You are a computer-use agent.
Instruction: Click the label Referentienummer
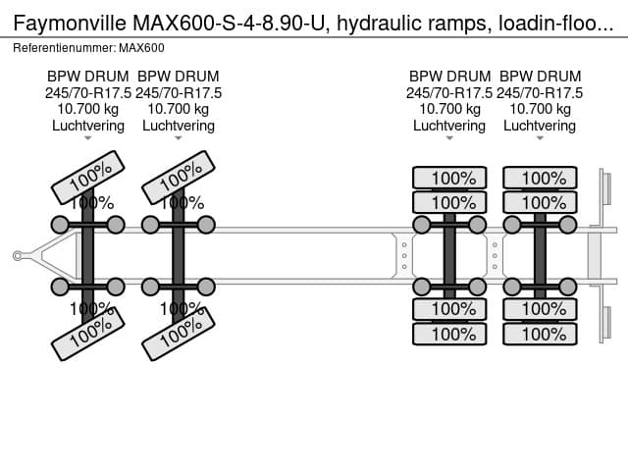pyautogui.click(x=63, y=47)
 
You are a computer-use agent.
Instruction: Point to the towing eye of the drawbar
pyautogui.click(x=17, y=256)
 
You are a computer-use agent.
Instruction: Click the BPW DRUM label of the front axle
pyautogui.click(x=88, y=76)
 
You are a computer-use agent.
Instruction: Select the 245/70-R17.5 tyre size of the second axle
pyautogui.click(x=179, y=92)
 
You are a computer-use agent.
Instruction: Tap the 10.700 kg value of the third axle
pyautogui.click(x=449, y=109)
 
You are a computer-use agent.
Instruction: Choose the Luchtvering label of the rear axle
pyautogui.click(x=540, y=126)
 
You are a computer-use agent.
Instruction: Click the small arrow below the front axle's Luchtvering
pyautogui.click(x=88, y=138)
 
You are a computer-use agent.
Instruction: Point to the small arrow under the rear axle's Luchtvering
pyautogui.click(x=540, y=138)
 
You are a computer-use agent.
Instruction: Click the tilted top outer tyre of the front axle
pyautogui.click(x=90, y=176)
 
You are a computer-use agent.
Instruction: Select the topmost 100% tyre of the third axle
pyautogui.click(x=449, y=178)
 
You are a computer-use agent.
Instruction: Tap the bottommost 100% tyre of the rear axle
pyautogui.click(x=540, y=334)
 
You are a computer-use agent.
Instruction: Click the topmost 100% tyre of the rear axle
pyautogui.click(x=540, y=178)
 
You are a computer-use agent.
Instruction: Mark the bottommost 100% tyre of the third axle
pyautogui.click(x=449, y=334)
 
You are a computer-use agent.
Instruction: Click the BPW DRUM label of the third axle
pyautogui.click(x=449, y=76)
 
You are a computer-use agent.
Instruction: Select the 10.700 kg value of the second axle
pyautogui.click(x=179, y=109)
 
